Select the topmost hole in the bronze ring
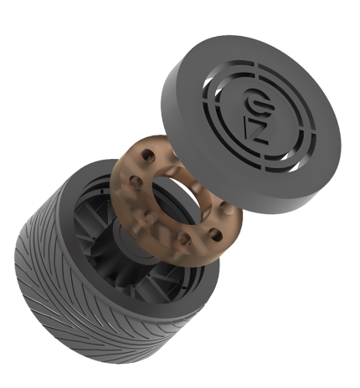tap(148, 156)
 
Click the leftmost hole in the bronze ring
tap(136, 181)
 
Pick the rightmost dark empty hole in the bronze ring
tap(216, 234)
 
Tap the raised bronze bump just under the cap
tap(225, 208)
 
